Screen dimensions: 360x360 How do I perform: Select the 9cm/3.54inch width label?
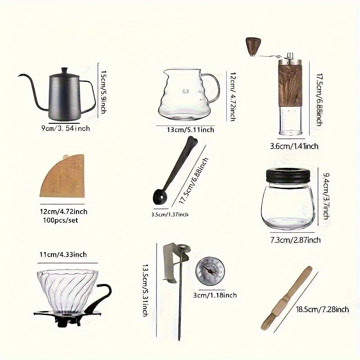pyautogui.click(x=65, y=128)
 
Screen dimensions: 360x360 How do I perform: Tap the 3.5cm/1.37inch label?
pyautogui.click(x=169, y=214)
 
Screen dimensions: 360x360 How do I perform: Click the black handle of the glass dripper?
pyautogui.click(x=103, y=290)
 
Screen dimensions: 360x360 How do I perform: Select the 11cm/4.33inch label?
pyautogui.click(x=63, y=254)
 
